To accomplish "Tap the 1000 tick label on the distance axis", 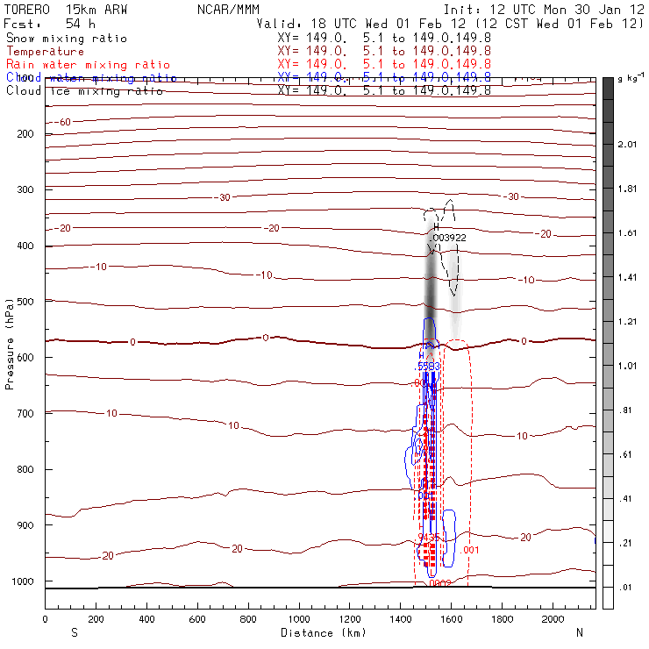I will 299,618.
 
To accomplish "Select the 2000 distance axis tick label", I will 553,618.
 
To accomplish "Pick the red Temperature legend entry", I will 45,52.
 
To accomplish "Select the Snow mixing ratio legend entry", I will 66,39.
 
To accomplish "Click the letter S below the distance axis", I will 73,631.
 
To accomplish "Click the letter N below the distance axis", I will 579,631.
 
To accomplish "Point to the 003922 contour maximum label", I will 449,237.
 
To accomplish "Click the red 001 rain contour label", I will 471,550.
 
